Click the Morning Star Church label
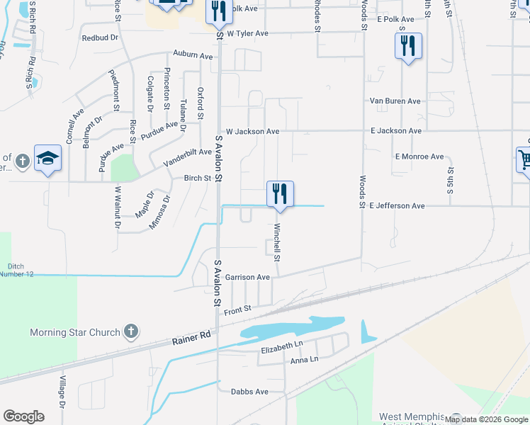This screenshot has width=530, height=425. [x=74, y=332]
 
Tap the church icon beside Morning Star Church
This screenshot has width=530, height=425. [x=130, y=331]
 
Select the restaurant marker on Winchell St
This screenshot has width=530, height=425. [x=280, y=193]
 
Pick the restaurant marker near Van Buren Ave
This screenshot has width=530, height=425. [x=408, y=46]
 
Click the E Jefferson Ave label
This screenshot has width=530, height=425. [x=397, y=205]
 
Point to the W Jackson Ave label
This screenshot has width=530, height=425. [x=252, y=132]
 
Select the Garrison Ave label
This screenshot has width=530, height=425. [x=247, y=277]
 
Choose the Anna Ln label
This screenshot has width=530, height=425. [x=304, y=360]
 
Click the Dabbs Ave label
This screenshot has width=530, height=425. [x=250, y=392]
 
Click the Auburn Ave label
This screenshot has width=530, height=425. [x=193, y=55]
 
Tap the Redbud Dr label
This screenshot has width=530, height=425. [x=99, y=38]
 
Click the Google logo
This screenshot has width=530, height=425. [x=23, y=416]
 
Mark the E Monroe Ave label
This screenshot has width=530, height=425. [x=419, y=157]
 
